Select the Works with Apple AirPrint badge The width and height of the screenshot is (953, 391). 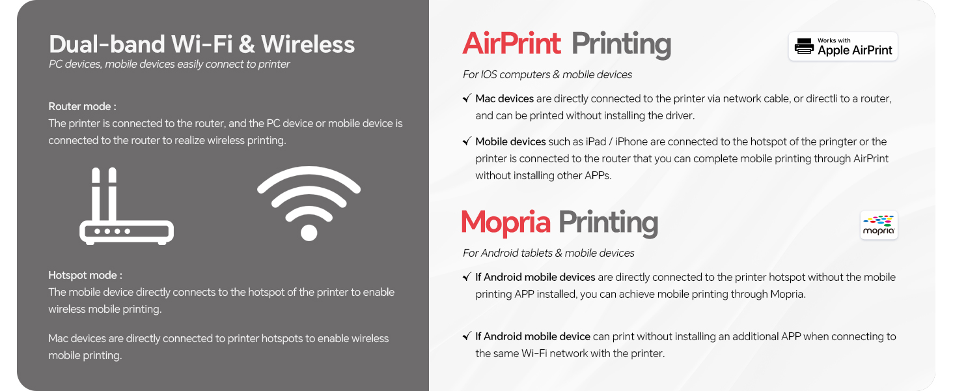pyautogui.click(x=843, y=46)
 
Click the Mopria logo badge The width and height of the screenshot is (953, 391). pyautogui.click(x=879, y=225)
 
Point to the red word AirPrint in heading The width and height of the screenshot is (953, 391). pyautogui.click(x=511, y=44)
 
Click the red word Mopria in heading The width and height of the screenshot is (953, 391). pyautogui.click(x=506, y=222)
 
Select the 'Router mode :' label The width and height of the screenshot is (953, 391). pyautogui.click(x=82, y=106)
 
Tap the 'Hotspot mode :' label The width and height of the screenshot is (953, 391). pyautogui.click(x=85, y=275)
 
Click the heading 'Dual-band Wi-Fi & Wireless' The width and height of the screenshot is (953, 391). pyautogui.click(x=202, y=44)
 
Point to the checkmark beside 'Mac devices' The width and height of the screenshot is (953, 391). pyautogui.click(x=467, y=98)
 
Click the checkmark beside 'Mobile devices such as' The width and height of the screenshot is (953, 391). pyautogui.click(x=467, y=141)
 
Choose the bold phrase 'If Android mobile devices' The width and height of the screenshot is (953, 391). pyautogui.click(x=535, y=277)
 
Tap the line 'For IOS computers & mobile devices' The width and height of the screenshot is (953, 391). pyautogui.click(x=547, y=74)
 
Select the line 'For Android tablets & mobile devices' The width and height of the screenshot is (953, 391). pyautogui.click(x=548, y=253)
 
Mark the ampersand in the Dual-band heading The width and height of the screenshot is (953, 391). pyautogui.click(x=247, y=44)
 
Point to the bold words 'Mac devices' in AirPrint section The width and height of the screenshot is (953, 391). pyautogui.click(x=504, y=98)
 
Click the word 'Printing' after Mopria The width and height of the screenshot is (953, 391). pyautogui.click(x=608, y=222)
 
